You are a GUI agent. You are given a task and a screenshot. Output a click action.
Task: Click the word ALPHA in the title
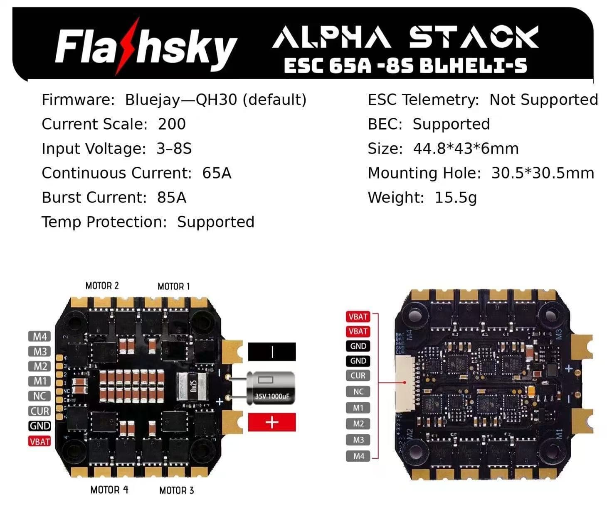(x=331, y=37)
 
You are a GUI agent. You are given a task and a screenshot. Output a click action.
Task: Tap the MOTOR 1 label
(x=173, y=286)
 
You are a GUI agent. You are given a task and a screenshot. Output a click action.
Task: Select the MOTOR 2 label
(x=102, y=286)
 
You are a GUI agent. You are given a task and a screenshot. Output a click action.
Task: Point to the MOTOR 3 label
(x=176, y=490)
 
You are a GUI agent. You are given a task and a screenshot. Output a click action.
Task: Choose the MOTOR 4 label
(x=109, y=490)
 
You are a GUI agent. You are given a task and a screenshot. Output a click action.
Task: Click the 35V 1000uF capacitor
(x=271, y=388)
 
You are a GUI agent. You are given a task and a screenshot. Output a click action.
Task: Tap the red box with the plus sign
(x=272, y=422)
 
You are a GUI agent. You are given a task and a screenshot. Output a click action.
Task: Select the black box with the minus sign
(x=272, y=352)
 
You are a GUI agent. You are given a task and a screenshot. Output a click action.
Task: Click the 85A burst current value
(x=171, y=198)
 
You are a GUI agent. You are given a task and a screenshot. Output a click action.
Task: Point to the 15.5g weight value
(x=455, y=198)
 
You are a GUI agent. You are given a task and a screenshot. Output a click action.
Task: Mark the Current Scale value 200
(x=171, y=124)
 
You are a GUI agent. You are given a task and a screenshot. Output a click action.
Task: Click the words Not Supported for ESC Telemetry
(x=543, y=100)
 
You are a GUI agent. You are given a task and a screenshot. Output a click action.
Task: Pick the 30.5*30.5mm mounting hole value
(x=543, y=173)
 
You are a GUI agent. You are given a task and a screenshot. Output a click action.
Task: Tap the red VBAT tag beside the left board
(x=39, y=441)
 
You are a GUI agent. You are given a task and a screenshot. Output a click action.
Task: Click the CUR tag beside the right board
(x=358, y=376)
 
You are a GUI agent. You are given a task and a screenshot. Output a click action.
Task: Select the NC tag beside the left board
(x=39, y=396)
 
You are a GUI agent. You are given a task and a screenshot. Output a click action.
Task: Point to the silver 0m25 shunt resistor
(x=192, y=387)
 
